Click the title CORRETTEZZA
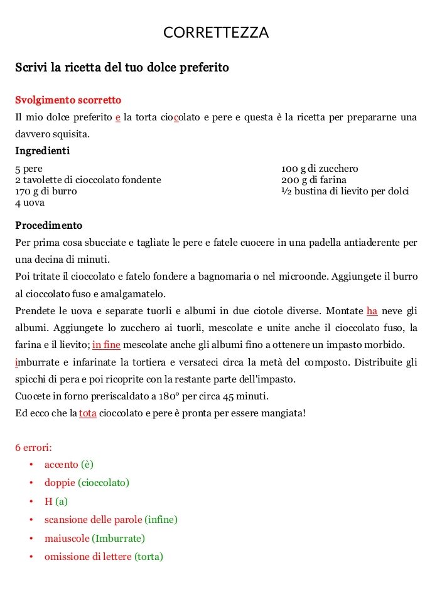pyautogui.click(x=216, y=33)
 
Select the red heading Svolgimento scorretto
pyautogui.click(x=68, y=100)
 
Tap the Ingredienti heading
pyautogui.click(x=42, y=150)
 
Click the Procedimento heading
pyautogui.click(x=48, y=225)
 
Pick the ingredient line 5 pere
pyautogui.click(x=29, y=169)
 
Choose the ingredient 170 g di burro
pyautogui.click(x=46, y=191)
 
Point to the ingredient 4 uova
pyautogui.click(x=30, y=203)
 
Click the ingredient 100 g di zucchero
pyautogui.click(x=320, y=169)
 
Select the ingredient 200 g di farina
pyautogui.click(x=314, y=180)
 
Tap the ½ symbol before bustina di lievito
pyautogui.click(x=285, y=191)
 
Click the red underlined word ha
pyautogui.click(x=372, y=311)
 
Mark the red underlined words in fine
pyautogui.click(x=107, y=345)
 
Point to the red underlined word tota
pyautogui.click(x=88, y=413)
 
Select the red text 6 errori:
pyautogui.click(x=33, y=448)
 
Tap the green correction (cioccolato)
pyautogui.click(x=104, y=483)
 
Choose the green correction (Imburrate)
pyautogui.click(x=119, y=538)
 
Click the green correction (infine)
pyautogui.click(x=161, y=520)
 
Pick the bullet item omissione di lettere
pyautogui.click(x=88, y=556)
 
